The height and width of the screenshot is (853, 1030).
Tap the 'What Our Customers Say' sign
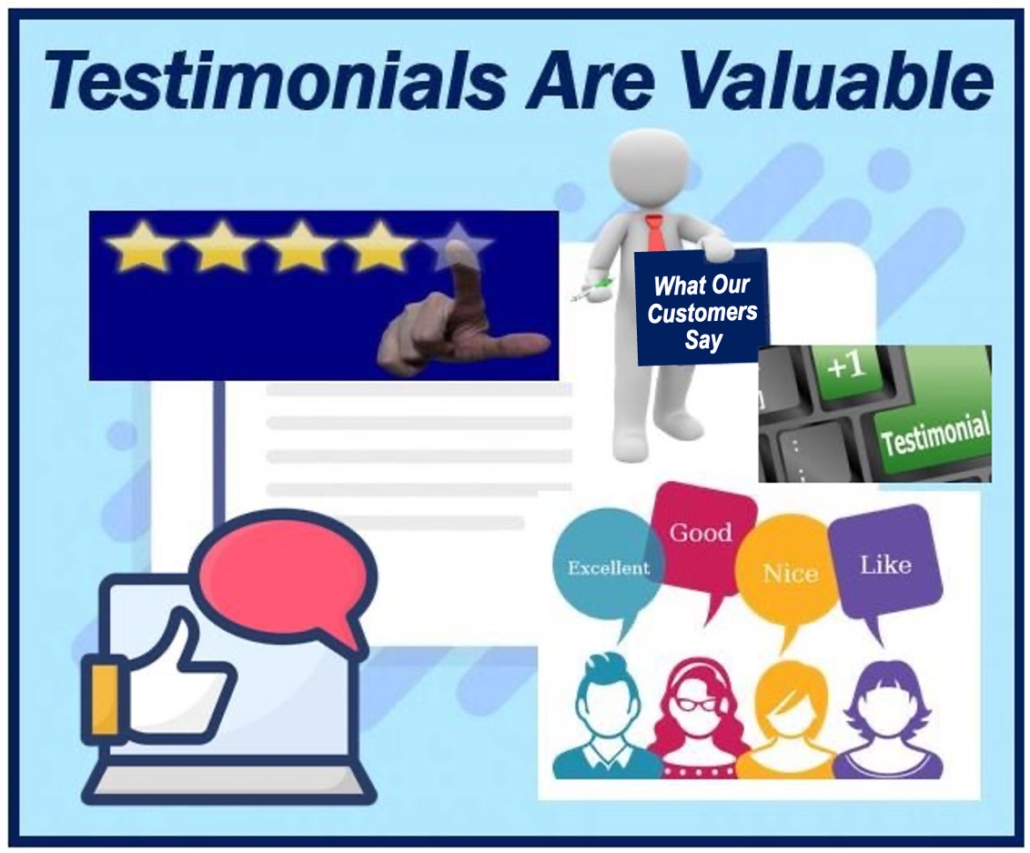[x=702, y=308]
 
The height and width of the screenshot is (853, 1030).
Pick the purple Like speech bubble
[x=884, y=566]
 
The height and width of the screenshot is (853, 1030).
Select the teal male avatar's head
[x=606, y=696]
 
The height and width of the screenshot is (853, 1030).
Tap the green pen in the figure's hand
[x=591, y=289]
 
